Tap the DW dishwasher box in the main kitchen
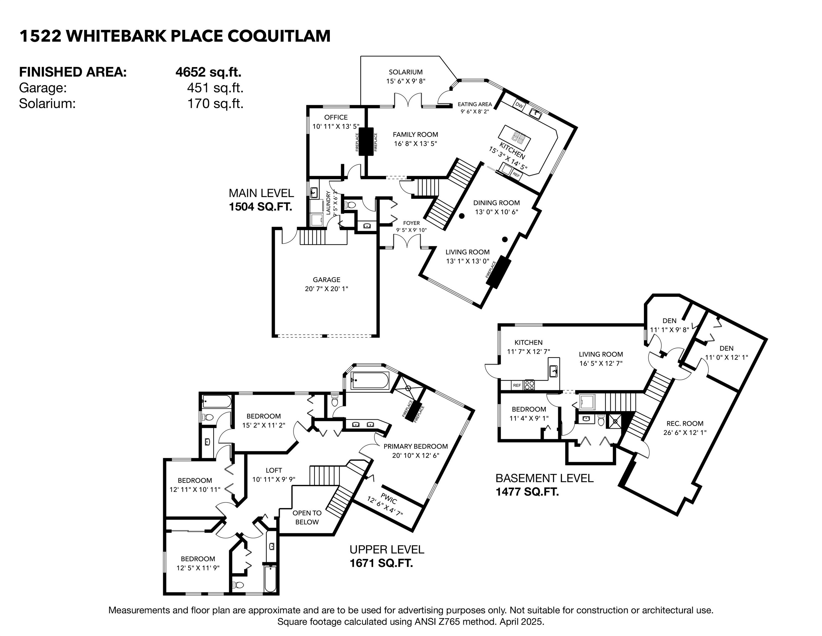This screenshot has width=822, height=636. point(519,105)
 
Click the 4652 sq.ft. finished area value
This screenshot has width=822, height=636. point(208,71)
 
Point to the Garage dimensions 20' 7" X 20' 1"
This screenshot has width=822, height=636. point(326,289)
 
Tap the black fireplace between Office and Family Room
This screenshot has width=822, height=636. point(365,141)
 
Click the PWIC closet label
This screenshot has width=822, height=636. point(389,500)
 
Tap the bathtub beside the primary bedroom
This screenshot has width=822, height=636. point(369,381)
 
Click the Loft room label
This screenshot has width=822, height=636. point(274,470)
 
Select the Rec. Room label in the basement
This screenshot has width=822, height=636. point(685,423)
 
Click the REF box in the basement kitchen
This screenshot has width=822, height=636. point(517,385)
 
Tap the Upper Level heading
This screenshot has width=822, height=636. point(387,549)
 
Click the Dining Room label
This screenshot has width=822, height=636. point(496,203)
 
